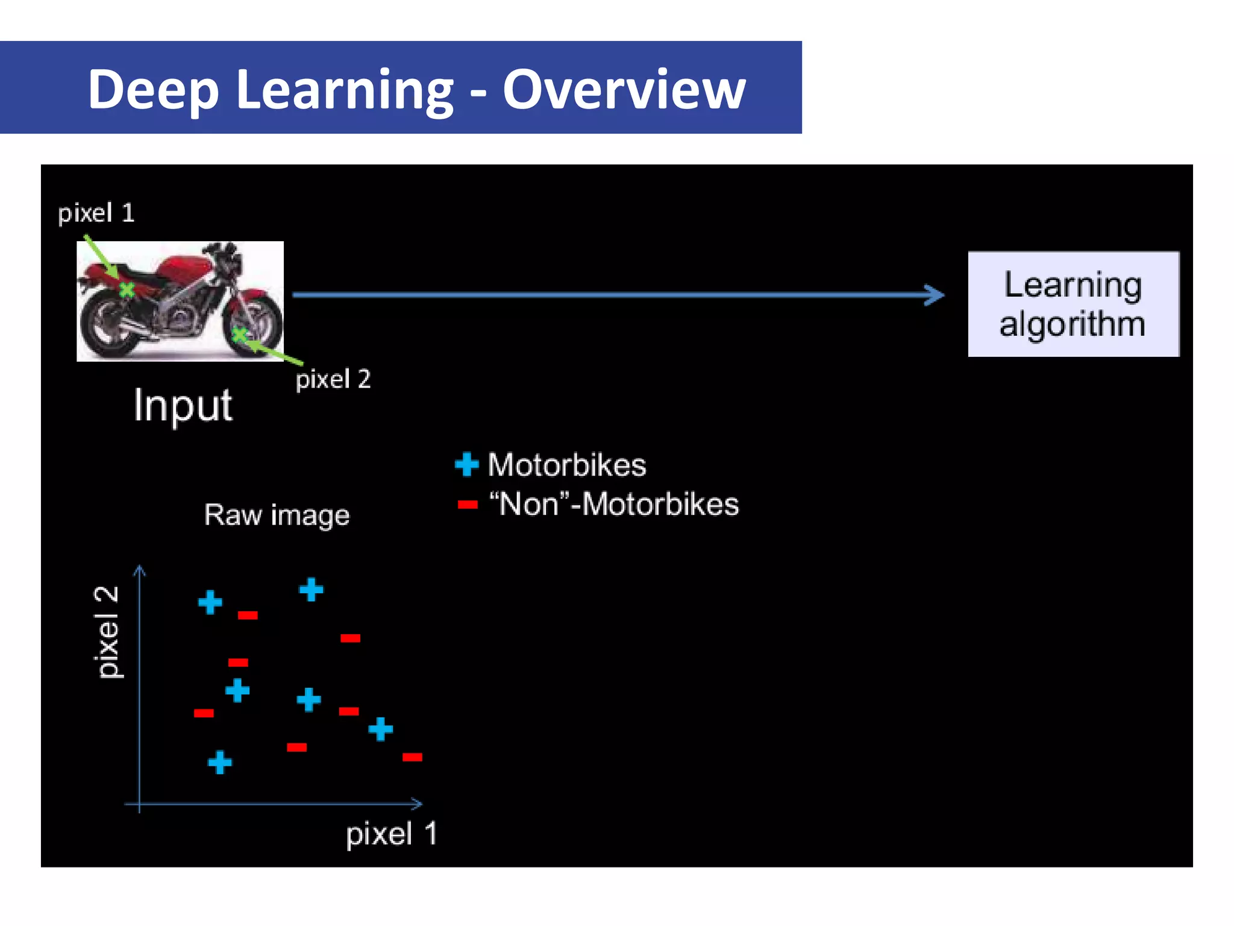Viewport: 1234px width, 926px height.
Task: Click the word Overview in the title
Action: (624, 89)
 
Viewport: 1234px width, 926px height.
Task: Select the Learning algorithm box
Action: (1073, 304)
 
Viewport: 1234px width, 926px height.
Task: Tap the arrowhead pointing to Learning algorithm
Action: (935, 295)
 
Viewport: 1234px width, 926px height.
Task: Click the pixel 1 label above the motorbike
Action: (96, 213)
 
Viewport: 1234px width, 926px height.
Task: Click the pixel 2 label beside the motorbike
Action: (333, 379)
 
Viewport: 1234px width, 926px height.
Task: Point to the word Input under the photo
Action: (183, 405)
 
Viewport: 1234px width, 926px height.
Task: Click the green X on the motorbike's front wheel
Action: (239, 333)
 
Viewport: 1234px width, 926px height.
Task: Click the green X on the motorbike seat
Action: (127, 290)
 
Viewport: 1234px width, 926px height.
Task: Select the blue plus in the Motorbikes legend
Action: (466, 465)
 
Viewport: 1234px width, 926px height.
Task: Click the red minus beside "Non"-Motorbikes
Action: (467, 505)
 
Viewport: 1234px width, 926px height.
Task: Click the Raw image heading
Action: (277, 515)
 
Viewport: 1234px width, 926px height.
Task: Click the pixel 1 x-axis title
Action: (391, 834)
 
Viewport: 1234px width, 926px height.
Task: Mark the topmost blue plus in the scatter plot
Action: (311, 589)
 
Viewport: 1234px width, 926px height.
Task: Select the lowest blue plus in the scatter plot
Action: (220, 762)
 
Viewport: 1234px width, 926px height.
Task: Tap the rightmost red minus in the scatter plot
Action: (412, 757)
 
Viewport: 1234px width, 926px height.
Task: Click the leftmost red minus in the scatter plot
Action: (204, 713)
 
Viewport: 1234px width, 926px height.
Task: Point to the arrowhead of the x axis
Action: (417, 804)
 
